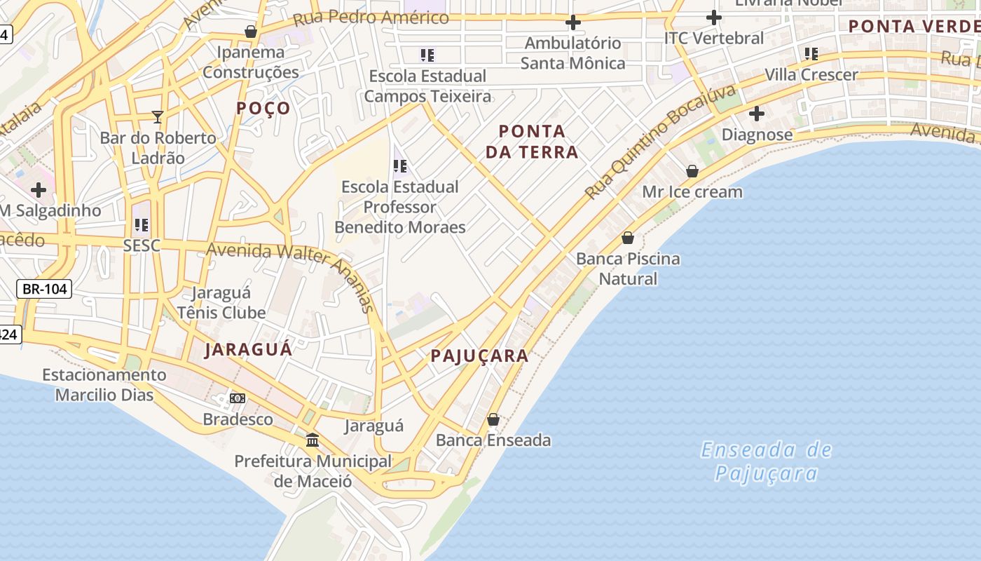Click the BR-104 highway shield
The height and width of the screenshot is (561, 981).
(44, 289)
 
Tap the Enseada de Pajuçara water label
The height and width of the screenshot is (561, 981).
(766, 461)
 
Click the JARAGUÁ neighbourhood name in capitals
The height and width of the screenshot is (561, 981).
(249, 349)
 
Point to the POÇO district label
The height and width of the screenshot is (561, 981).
(263, 108)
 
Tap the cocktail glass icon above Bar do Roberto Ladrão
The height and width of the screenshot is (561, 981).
(158, 116)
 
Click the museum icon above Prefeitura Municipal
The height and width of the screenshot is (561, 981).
(313, 440)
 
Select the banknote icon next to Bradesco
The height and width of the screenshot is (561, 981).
(238, 398)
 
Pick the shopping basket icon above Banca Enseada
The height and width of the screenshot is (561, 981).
(493, 419)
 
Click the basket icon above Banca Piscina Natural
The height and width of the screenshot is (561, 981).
(628, 238)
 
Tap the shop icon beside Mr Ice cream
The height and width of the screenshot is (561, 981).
(692, 171)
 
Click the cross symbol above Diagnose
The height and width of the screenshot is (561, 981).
(757, 113)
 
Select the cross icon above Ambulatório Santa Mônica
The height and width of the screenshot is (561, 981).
(573, 22)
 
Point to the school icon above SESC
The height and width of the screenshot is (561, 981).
(142, 225)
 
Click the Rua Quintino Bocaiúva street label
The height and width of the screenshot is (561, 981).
(661, 142)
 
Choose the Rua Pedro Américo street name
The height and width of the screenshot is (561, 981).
(371, 18)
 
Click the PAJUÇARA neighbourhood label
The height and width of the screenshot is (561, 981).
(479, 356)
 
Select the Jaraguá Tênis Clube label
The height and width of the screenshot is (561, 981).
(221, 302)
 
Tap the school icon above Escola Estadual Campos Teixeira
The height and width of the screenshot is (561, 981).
(427, 55)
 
